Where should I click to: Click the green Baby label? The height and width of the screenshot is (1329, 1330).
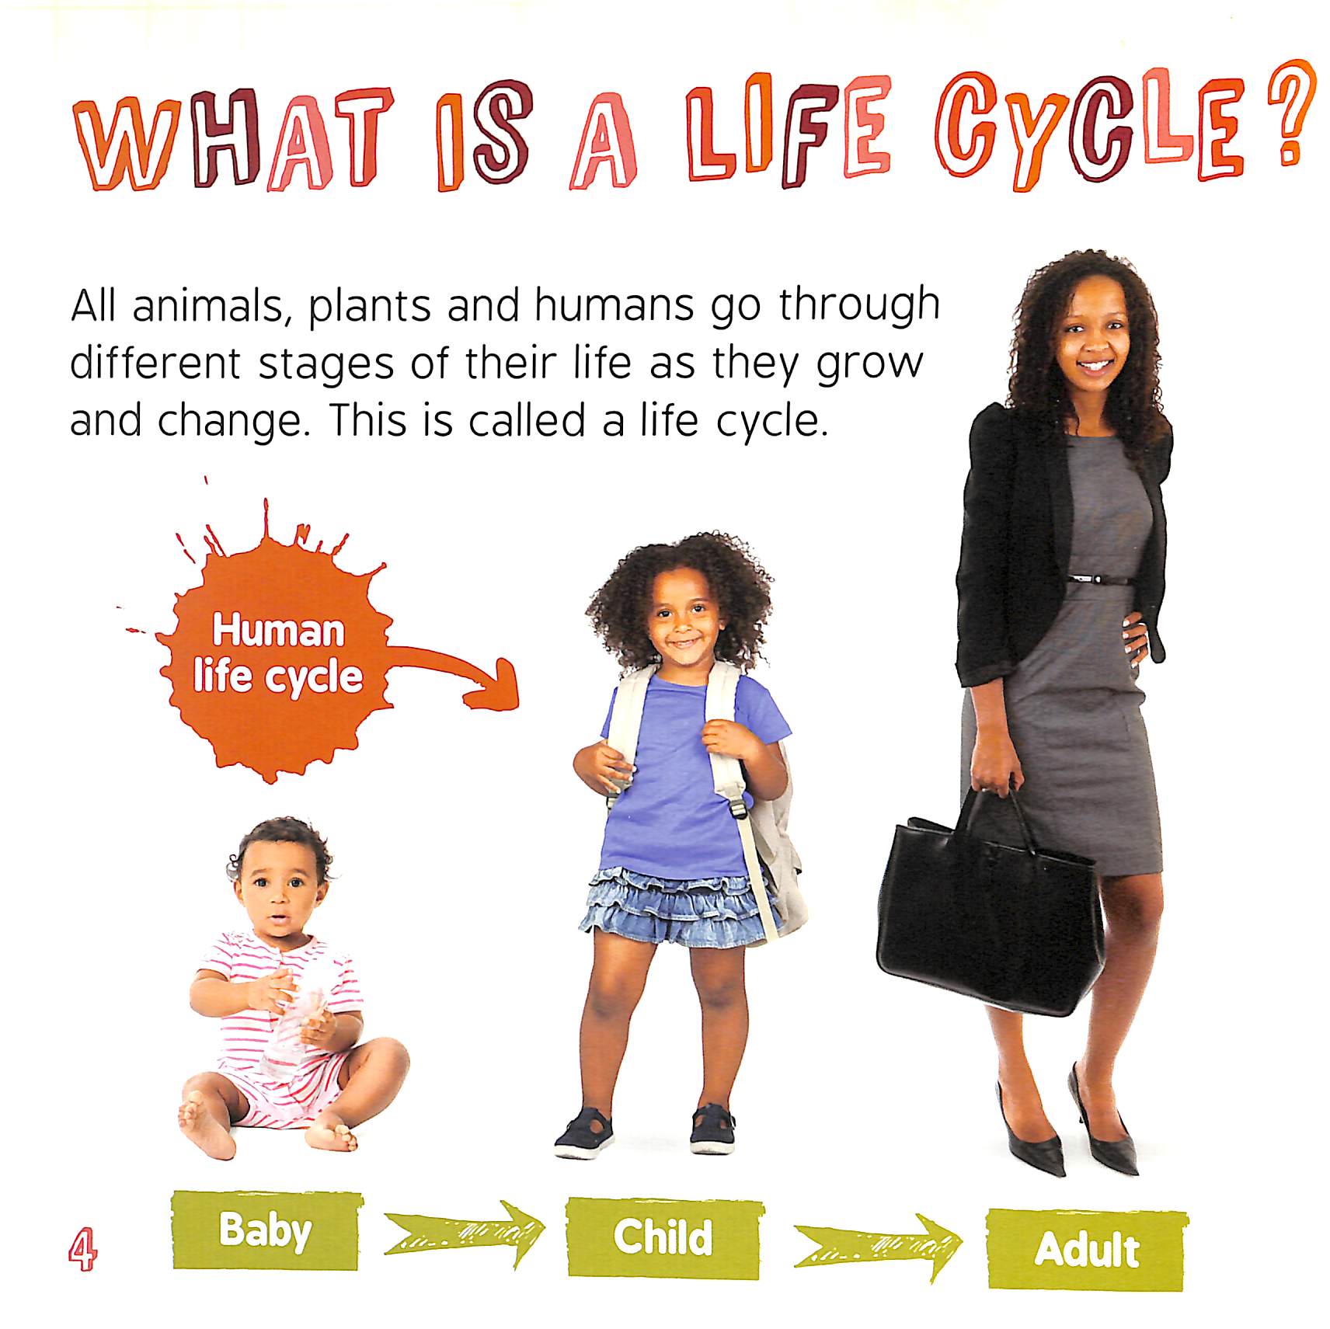[266, 1230]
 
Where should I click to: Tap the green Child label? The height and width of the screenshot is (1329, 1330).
[664, 1237]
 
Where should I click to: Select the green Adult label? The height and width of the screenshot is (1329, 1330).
[1086, 1249]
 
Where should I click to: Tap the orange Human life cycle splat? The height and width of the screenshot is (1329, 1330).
[276, 652]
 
